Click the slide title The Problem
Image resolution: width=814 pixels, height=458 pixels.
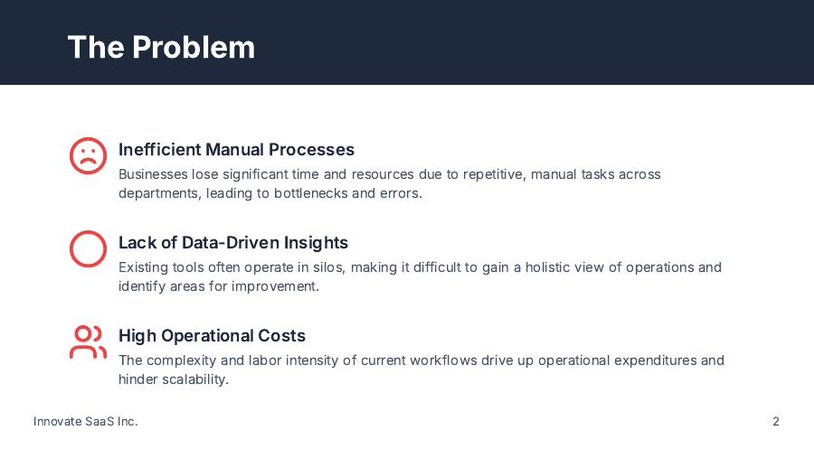click(161, 47)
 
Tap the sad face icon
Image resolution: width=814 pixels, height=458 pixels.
click(89, 155)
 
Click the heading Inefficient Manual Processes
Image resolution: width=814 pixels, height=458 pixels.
click(236, 149)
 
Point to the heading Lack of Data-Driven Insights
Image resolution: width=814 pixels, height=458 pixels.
click(233, 243)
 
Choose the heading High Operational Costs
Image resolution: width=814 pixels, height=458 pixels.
click(212, 335)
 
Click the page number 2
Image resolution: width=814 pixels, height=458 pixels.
click(776, 421)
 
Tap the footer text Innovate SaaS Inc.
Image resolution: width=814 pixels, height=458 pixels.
click(86, 421)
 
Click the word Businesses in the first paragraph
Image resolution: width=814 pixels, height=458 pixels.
click(153, 174)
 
